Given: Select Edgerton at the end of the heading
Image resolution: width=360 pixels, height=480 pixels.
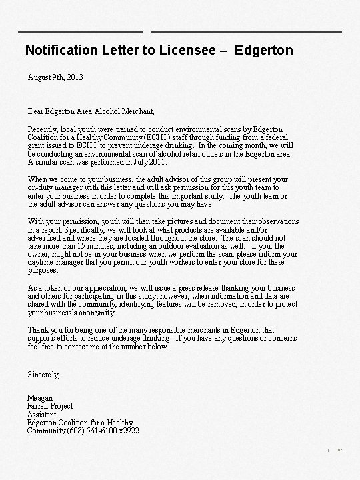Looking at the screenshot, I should tap(264, 50).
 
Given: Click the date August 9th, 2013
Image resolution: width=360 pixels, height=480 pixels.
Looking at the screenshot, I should tap(56, 78).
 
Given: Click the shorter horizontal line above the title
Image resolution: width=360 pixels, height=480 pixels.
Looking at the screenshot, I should tap(81, 31).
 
